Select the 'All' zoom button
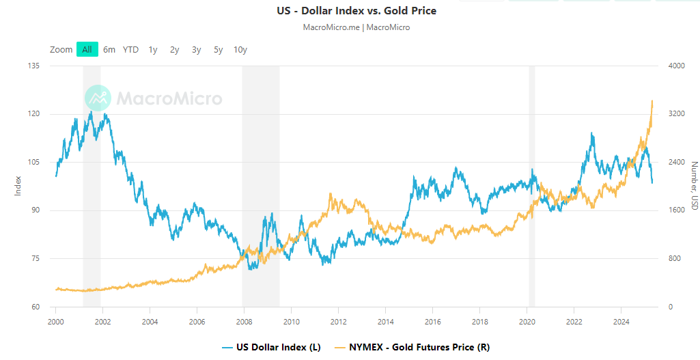click(x=87, y=49)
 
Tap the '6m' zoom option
click(x=109, y=49)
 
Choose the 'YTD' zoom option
click(x=130, y=49)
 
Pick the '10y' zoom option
click(x=240, y=49)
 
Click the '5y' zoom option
click(x=218, y=49)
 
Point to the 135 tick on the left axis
click(x=33, y=66)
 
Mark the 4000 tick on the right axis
click(x=676, y=66)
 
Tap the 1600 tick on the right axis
click(x=676, y=210)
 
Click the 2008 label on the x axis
click(x=244, y=320)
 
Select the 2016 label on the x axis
click(x=432, y=320)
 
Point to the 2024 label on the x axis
click(x=621, y=320)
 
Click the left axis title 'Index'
click(x=18, y=186)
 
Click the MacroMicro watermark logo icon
click(x=98, y=98)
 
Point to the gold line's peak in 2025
click(x=652, y=100)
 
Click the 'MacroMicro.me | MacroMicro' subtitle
click(x=356, y=27)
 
